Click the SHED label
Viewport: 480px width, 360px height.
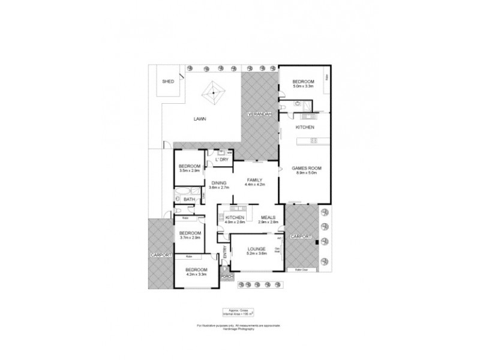click(169, 82)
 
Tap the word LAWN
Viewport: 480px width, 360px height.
click(200, 119)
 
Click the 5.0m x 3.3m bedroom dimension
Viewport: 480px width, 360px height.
click(303, 87)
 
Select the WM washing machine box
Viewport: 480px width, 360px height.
click(229, 153)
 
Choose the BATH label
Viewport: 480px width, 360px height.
click(188, 199)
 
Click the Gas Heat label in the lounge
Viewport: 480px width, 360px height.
click(278, 250)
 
